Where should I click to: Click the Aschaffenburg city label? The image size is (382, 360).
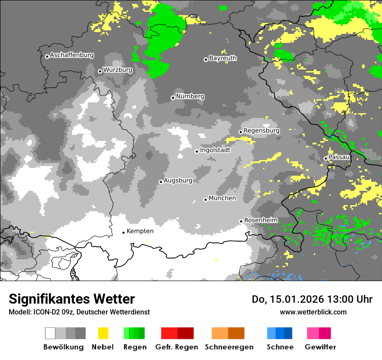click(72, 56)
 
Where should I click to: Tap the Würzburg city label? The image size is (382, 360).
click(118, 70)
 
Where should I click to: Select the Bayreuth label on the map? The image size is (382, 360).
click(223, 58)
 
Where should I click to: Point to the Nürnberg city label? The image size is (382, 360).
click(190, 96)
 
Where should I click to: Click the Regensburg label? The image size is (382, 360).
click(261, 131)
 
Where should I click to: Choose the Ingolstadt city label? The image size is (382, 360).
click(215, 150)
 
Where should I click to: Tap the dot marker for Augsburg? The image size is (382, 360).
click(161, 182)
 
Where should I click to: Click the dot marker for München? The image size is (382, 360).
click(206, 200)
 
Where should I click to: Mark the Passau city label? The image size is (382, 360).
click(339, 157)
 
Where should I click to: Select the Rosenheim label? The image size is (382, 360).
click(261, 220)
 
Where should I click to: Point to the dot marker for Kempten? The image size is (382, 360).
click(123, 232)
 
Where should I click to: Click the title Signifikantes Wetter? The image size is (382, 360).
click(72, 299)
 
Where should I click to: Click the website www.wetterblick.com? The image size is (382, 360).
click(313, 312)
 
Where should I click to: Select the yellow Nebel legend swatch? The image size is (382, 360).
click(103, 333)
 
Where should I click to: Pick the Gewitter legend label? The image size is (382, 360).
click(320, 347)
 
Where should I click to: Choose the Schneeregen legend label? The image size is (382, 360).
click(229, 347)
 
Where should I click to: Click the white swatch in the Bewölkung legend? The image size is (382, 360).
click(50, 333)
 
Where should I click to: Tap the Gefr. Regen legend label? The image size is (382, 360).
click(176, 347)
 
